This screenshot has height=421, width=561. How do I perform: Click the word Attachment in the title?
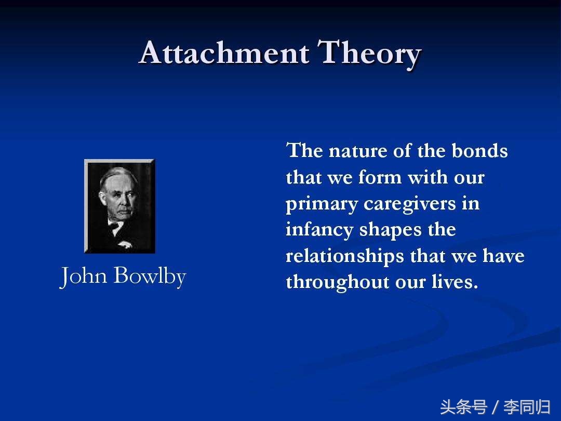[x=224, y=52]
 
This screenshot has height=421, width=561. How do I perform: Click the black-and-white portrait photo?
[x=119, y=206]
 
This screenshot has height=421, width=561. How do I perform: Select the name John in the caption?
[x=84, y=275]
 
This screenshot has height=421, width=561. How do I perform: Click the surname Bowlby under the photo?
[x=150, y=275]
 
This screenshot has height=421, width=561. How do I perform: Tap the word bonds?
[x=479, y=151]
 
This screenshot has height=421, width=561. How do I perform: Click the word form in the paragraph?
[x=380, y=177]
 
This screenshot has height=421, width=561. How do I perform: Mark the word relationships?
[x=345, y=256]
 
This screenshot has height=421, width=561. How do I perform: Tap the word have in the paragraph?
[x=503, y=256]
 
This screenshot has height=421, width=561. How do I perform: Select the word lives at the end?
[x=455, y=282]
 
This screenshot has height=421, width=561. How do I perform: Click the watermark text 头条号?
[x=464, y=407]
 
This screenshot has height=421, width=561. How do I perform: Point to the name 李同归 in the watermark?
[x=527, y=407]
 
